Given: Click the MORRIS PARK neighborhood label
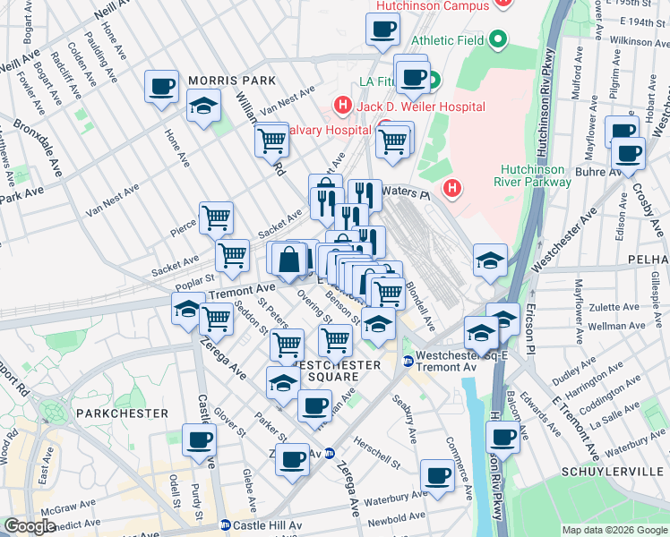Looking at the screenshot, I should pos(231,81).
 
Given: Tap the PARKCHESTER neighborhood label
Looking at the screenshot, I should pos(122,413).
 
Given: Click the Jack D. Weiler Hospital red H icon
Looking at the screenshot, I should pos(341,107).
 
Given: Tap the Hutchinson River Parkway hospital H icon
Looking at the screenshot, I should pos(453,189).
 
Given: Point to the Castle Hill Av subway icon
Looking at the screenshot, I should pos(226,525).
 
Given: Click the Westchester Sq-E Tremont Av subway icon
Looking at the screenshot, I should pos(408,361).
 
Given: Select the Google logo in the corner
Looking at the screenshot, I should pos(30,526).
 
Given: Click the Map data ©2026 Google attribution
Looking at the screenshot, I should pos(614,530).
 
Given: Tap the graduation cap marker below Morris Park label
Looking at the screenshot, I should pos(204,107).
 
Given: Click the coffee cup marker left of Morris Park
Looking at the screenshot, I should pos(162,87).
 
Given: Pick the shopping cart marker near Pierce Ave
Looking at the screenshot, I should pos(216,217).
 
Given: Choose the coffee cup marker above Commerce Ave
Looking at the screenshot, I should pos(437,474).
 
